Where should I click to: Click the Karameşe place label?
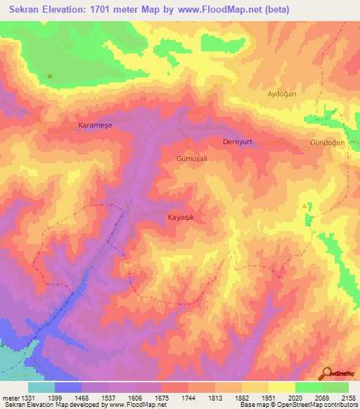[x=94, y=125]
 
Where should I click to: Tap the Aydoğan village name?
[x=283, y=93]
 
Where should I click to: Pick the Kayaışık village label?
[x=185, y=217]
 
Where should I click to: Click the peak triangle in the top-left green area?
[x=50, y=76]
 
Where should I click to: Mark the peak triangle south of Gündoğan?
[x=304, y=206]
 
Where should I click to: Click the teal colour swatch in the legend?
[x=41, y=387]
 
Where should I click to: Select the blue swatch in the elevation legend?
[x=68, y=387]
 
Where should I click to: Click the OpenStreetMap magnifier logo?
[x=326, y=374]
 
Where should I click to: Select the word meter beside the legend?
[x=9, y=398]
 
